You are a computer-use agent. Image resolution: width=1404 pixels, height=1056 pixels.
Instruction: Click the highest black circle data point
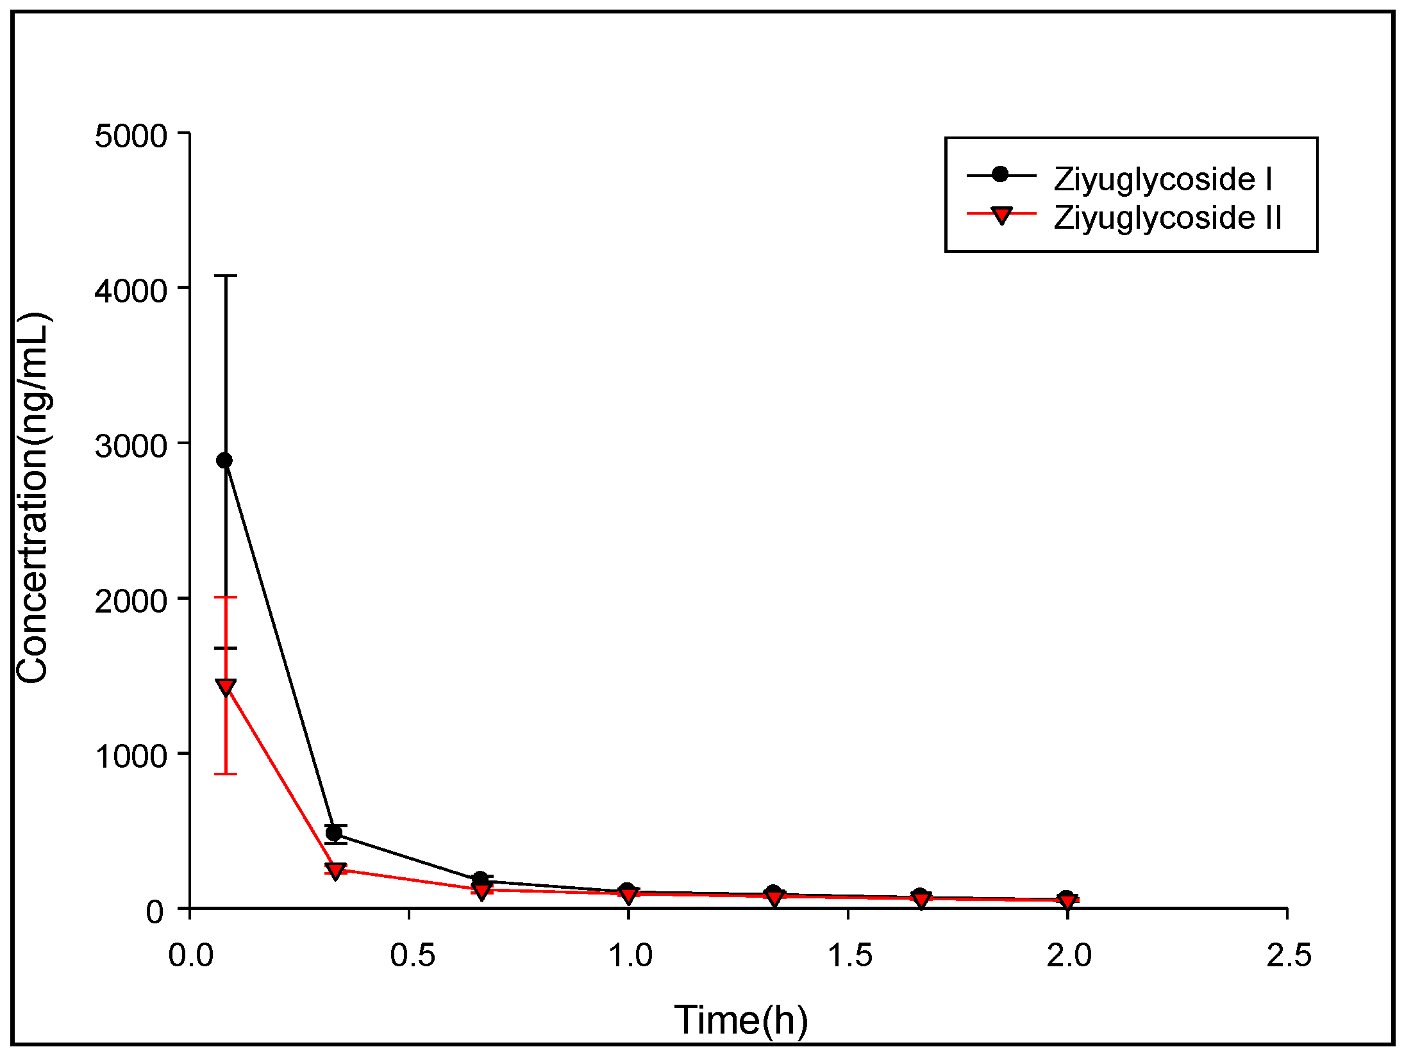pyautogui.click(x=224, y=460)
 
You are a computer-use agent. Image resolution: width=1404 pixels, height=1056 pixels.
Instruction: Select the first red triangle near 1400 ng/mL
pyautogui.click(x=226, y=687)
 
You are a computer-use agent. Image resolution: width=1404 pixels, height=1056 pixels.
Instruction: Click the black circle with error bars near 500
pyautogui.click(x=334, y=833)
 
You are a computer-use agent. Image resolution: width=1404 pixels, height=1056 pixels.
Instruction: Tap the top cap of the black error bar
pyautogui.click(x=226, y=276)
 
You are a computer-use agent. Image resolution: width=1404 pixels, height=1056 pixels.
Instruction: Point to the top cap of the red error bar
pyautogui.click(x=226, y=597)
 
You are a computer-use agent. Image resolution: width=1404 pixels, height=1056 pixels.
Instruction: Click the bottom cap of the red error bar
pyautogui.click(x=226, y=774)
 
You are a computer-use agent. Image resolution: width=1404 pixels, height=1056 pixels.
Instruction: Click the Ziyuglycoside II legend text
pyautogui.click(x=1167, y=218)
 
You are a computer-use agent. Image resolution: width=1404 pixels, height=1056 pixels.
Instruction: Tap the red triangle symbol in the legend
pyautogui.click(x=1001, y=215)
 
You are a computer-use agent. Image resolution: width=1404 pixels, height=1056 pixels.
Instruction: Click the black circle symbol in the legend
pyautogui.click(x=1000, y=174)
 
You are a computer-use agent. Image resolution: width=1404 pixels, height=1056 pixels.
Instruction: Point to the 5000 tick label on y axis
pyautogui.click(x=131, y=136)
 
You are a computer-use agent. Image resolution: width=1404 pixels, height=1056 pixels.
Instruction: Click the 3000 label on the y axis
pyautogui.click(x=131, y=446)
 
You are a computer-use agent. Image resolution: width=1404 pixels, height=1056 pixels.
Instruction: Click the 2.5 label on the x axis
pyautogui.click(x=1289, y=955)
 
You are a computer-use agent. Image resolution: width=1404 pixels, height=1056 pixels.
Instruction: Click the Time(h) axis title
pyautogui.click(x=741, y=1020)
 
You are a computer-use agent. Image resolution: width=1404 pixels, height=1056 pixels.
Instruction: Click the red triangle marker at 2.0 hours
pyautogui.click(x=1067, y=902)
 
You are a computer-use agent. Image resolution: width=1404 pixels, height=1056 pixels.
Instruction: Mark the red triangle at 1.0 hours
pyautogui.click(x=629, y=895)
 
